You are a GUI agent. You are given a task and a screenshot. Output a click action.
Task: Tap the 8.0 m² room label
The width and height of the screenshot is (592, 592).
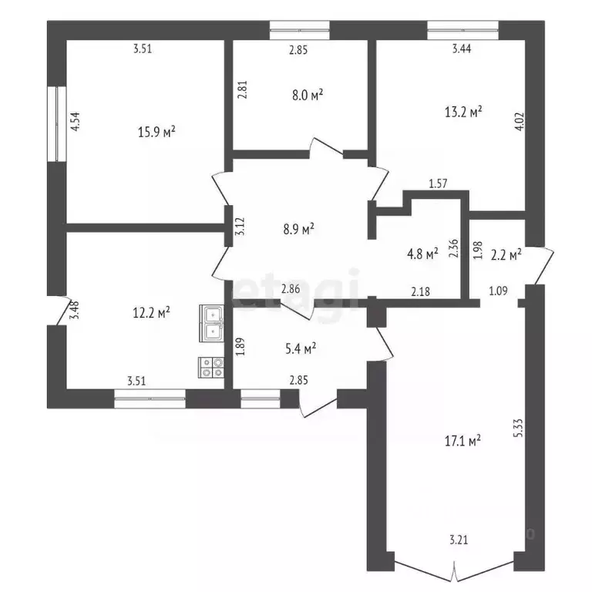pyautogui.click(x=306, y=95)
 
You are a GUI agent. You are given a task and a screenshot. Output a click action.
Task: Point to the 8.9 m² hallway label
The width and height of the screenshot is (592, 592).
pyautogui.click(x=298, y=229)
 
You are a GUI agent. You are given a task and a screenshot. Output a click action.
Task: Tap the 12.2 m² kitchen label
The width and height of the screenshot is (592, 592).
pyautogui.click(x=152, y=312)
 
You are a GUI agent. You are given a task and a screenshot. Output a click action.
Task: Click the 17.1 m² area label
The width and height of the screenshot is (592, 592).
pyautogui.click(x=464, y=441)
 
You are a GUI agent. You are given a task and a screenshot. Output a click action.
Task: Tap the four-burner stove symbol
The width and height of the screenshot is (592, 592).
pyautogui.click(x=211, y=368)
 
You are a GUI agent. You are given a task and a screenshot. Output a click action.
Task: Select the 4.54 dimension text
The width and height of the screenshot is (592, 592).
pyautogui.click(x=76, y=123)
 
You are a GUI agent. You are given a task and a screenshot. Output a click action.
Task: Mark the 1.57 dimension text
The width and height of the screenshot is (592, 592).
pyautogui.click(x=439, y=183)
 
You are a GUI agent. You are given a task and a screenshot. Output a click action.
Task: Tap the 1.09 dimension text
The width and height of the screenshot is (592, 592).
pyautogui.click(x=498, y=291)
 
